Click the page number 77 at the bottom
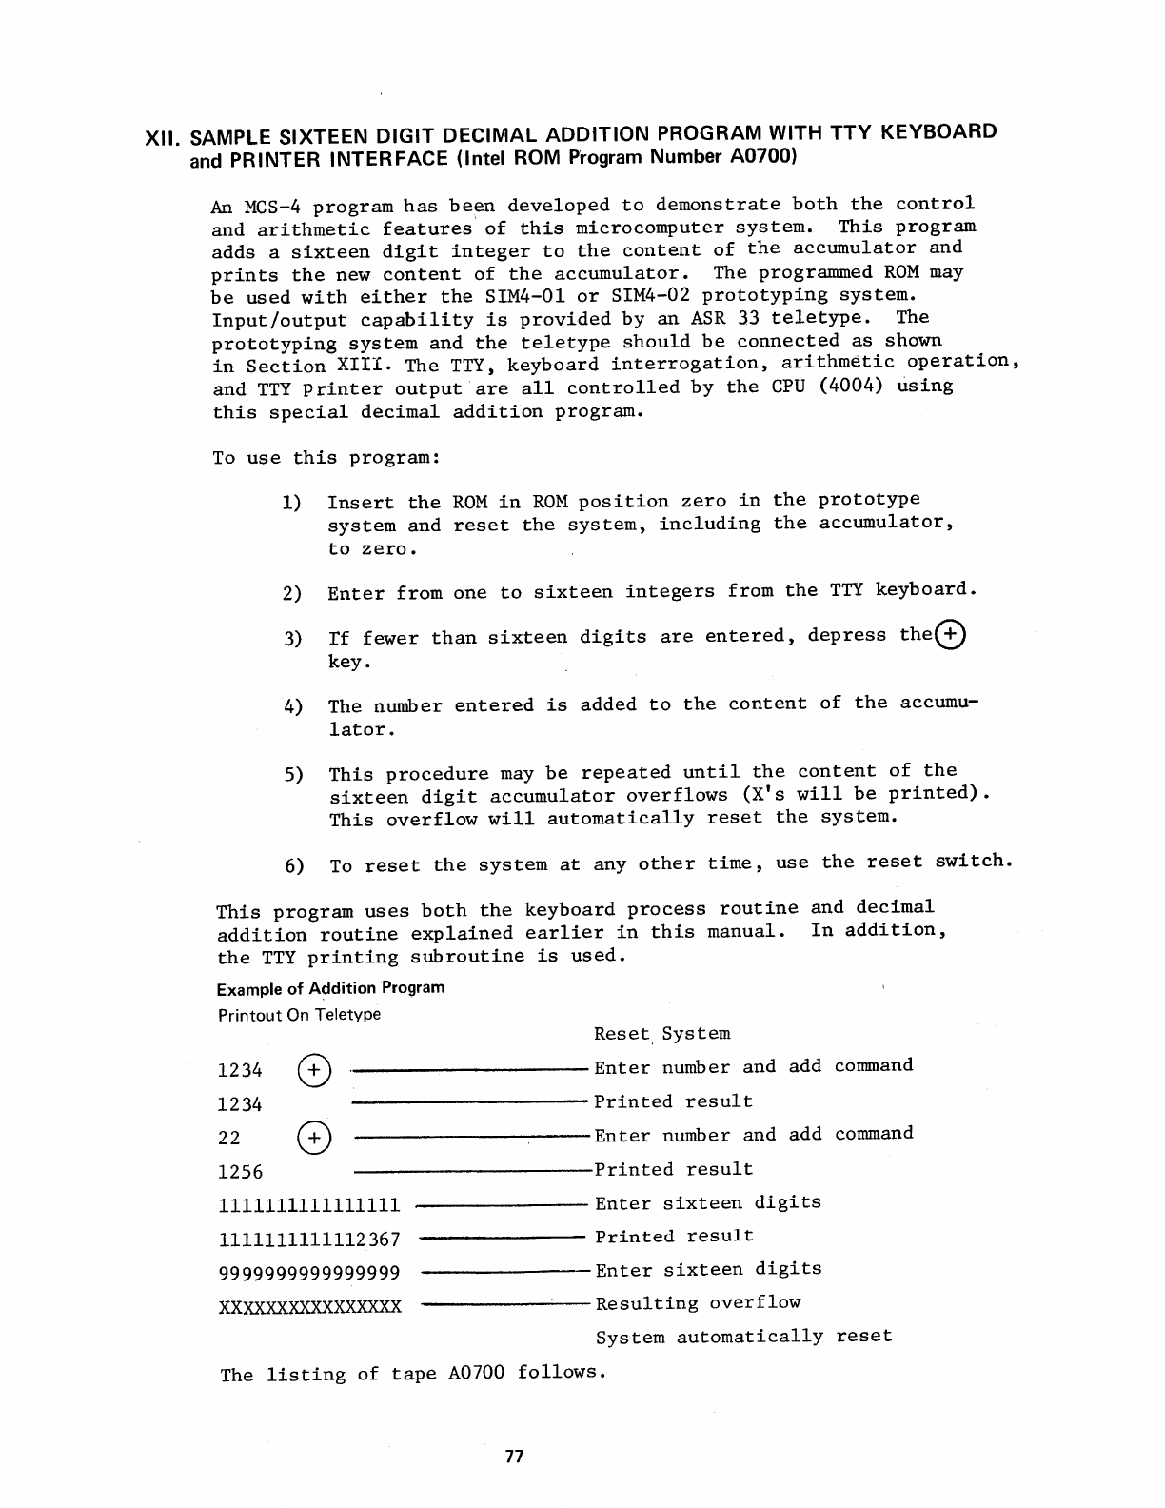(515, 1458)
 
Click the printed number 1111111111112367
(309, 1240)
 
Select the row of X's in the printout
(310, 1306)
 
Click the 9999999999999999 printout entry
(309, 1273)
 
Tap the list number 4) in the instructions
(292, 706)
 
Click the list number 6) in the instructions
(294, 866)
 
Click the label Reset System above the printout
(661, 1034)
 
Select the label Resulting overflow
(698, 1303)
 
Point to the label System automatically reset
(744, 1337)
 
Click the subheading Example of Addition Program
(330, 987)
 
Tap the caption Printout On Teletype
(299, 1015)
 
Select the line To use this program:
(326, 458)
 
